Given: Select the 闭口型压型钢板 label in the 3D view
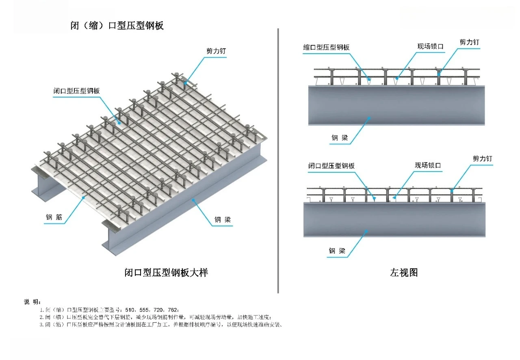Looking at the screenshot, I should point(76,91).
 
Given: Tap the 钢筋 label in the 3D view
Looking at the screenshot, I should point(54,217).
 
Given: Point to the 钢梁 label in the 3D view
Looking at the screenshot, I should point(223,220).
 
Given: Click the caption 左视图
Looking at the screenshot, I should point(403,273).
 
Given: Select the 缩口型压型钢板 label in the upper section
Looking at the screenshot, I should point(326,47).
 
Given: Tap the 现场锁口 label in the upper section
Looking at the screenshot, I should point(431,46).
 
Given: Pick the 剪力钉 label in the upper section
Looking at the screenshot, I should point(470,42).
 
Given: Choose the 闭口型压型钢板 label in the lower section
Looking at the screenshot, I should point(331,166).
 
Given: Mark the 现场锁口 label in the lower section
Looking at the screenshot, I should point(428,165).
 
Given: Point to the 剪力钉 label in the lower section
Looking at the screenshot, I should point(482,158).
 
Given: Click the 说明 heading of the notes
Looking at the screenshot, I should point(32,302).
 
